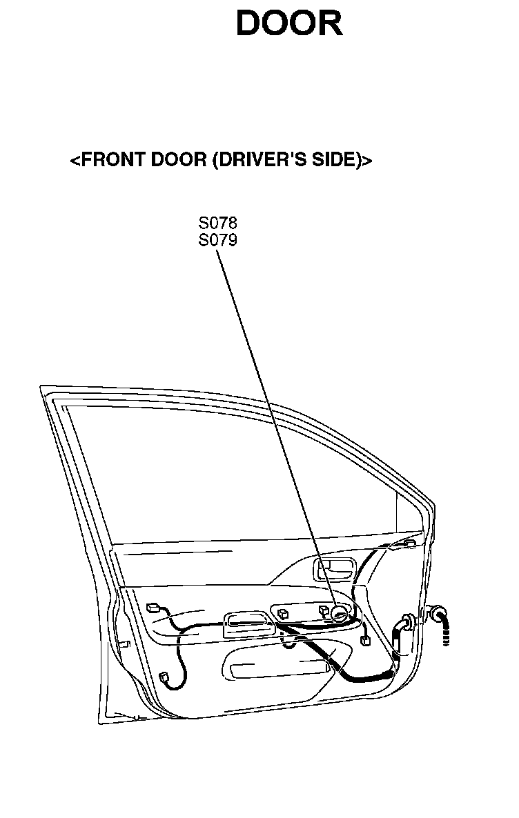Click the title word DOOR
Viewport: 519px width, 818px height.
pyautogui.click(x=289, y=25)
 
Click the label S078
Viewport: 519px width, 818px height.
pyautogui.click(x=217, y=224)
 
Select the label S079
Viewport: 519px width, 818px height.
pyautogui.click(x=217, y=241)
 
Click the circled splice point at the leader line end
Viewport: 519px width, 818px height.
pyautogui.click(x=339, y=612)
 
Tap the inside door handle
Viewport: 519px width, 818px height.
pyautogui.click(x=334, y=570)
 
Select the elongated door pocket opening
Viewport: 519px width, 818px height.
pyautogui.click(x=280, y=668)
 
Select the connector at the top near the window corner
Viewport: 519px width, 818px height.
pyautogui.click(x=409, y=543)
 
